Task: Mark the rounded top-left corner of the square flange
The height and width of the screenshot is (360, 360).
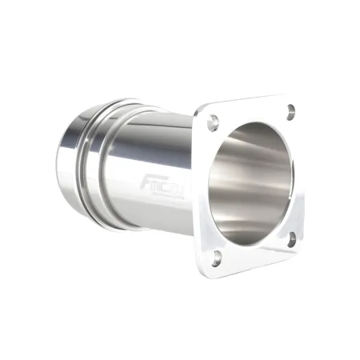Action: pyautogui.click(x=199, y=113)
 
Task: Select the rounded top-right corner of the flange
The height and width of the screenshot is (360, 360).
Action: pyautogui.click(x=298, y=99)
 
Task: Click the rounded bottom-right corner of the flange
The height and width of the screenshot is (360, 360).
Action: pyautogui.click(x=302, y=248)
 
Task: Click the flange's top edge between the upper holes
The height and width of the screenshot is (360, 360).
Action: pyautogui.click(x=250, y=106)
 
